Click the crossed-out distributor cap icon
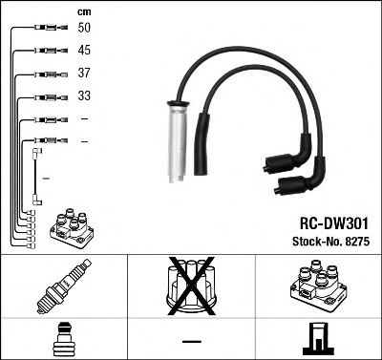point(192,287)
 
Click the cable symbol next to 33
point(46,96)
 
